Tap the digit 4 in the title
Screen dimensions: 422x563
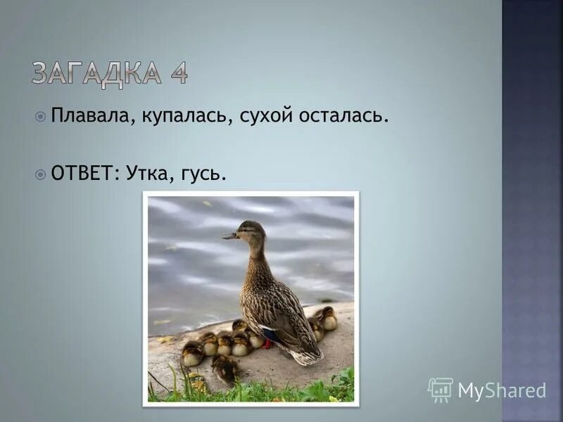(178, 74)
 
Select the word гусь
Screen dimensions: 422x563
(204, 174)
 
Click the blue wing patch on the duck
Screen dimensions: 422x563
(271, 335)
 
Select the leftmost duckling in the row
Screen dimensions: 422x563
(192, 353)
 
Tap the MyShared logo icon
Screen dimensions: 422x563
(440, 389)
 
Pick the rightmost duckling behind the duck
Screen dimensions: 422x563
(327, 318)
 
